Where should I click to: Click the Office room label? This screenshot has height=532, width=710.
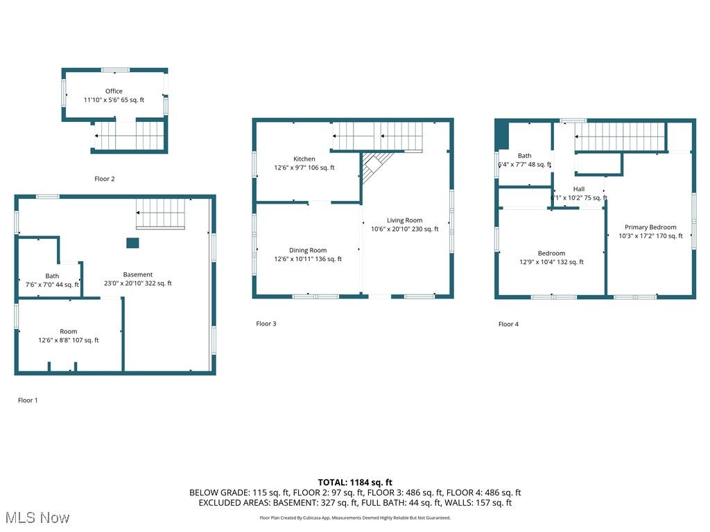[114, 91]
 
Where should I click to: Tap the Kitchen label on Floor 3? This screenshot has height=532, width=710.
[304, 159]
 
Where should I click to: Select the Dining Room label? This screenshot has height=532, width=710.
[308, 251]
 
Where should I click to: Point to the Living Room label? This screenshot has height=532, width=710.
[404, 220]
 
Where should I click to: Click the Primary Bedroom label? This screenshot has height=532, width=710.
[650, 227]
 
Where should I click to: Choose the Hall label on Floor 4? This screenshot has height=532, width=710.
[579, 189]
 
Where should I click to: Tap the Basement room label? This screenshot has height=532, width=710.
[138, 275]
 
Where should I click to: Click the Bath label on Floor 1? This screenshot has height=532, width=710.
[52, 276]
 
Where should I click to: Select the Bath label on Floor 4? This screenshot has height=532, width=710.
[524, 157]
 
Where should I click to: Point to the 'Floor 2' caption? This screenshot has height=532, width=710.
[105, 179]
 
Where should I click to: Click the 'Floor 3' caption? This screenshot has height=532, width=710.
[266, 323]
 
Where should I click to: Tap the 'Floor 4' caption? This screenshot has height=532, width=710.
[508, 324]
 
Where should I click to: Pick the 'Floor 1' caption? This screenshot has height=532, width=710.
[28, 400]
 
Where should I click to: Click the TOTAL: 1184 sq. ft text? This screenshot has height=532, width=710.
[355, 482]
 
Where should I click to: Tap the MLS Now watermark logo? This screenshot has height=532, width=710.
[36, 517]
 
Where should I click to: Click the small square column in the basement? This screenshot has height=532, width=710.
[132, 242]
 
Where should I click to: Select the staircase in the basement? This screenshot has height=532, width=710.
[161, 213]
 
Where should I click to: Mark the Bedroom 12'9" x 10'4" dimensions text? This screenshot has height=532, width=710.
[552, 263]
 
